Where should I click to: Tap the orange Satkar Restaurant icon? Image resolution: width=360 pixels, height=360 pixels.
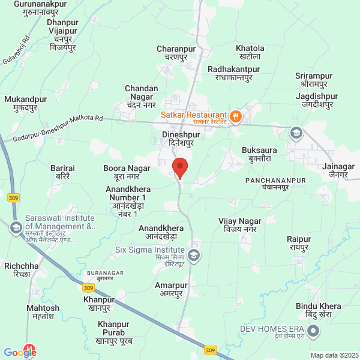[x=236, y=116]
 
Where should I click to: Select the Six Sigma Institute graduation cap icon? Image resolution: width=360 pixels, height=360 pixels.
[x=194, y=256]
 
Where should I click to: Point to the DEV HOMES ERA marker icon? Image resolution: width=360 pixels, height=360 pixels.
[x=313, y=331]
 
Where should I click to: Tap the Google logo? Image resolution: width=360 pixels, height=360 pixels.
[x=20, y=353]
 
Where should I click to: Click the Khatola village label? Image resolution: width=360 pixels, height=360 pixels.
[x=250, y=52]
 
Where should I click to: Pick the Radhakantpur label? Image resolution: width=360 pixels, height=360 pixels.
[x=233, y=74]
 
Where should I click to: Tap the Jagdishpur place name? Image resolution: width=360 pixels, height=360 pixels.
[x=317, y=100]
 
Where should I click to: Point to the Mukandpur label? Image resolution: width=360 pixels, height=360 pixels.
[x=25, y=103]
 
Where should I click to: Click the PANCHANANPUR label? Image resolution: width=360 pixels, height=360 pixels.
[x=276, y=184]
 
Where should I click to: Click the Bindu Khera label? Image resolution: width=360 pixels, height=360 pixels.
[x=317, y=311]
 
